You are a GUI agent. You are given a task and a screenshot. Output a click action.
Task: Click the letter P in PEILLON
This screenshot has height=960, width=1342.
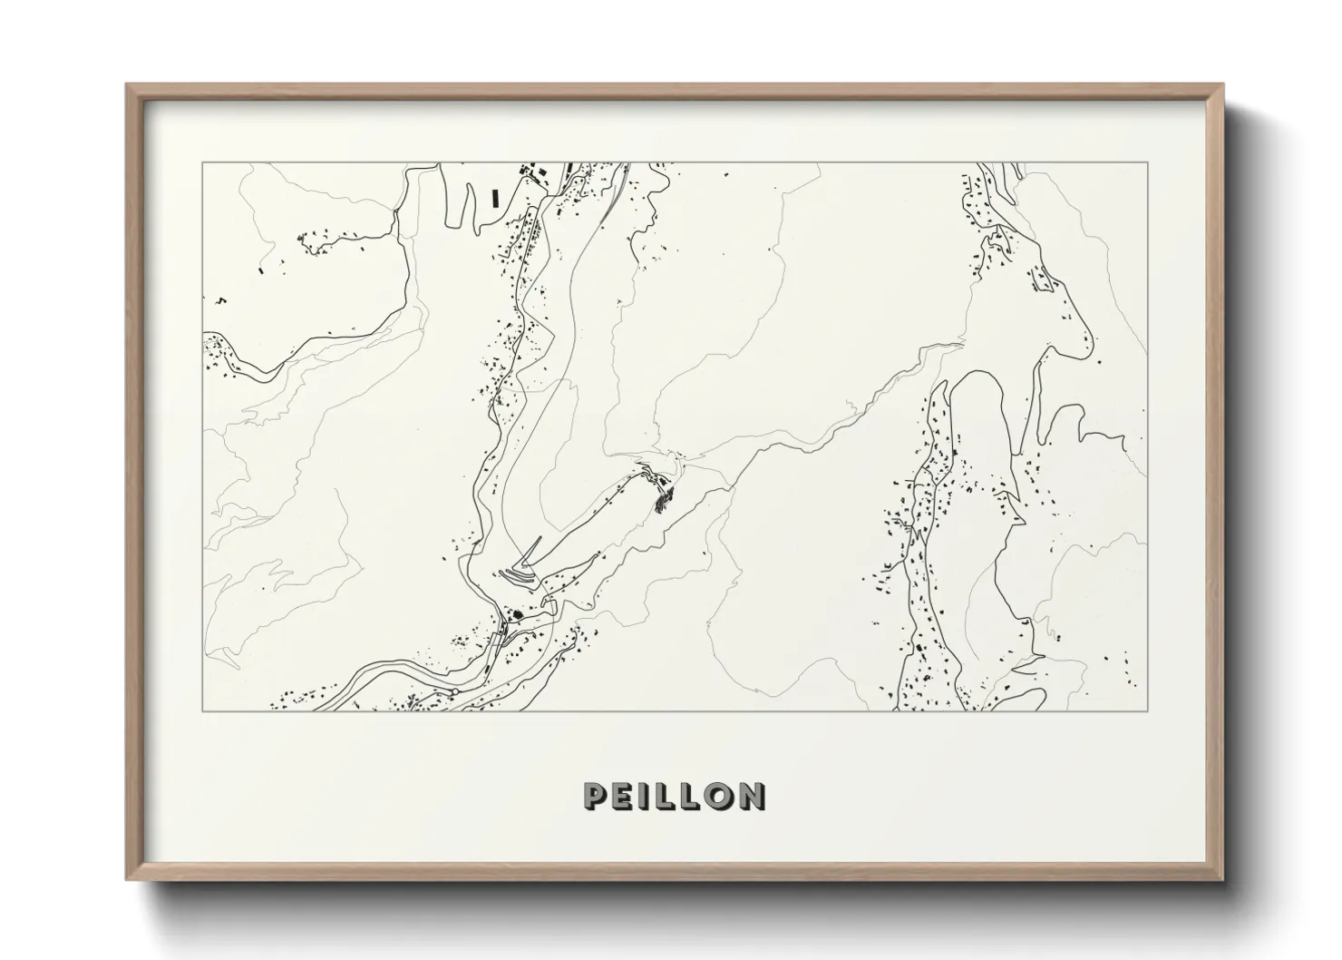(x=598, y=796)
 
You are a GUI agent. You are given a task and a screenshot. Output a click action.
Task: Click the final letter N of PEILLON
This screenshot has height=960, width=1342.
(x=750, y=796)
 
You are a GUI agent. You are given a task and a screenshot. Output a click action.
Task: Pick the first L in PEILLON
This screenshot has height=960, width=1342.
(x=666, y=796)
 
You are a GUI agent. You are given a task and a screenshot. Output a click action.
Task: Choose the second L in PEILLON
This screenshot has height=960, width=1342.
(x=689, y=796)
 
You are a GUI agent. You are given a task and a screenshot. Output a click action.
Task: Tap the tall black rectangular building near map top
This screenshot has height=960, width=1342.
(x=495, y=196)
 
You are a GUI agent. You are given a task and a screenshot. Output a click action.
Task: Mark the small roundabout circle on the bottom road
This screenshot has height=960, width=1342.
(x=452, y=692)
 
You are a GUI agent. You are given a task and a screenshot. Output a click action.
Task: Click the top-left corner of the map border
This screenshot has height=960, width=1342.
(x=202, y=162)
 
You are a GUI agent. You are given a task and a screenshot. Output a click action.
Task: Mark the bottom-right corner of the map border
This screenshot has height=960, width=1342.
(x=1148, y=710)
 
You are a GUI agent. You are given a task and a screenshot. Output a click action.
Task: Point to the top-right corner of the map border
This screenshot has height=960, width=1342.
(x=1148, y=162)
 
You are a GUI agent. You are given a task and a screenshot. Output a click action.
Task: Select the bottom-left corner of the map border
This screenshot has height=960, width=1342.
(x=202, y=710)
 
